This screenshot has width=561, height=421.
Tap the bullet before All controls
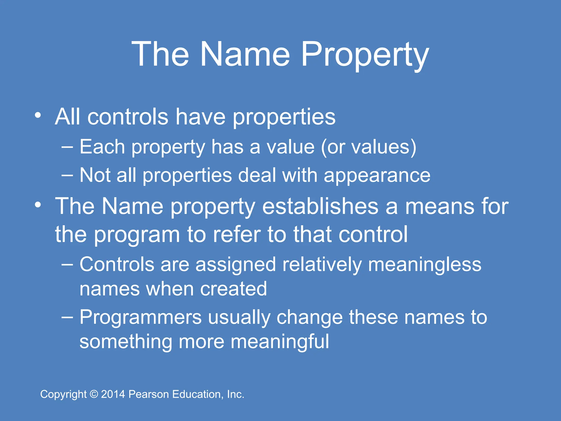[38, 115]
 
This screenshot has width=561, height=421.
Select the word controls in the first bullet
[128, 117]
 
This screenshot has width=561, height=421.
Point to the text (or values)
[368, 147]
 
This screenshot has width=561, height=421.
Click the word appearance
[377, 175]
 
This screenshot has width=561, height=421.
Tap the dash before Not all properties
[67, 175]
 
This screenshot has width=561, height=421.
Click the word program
[137, 235]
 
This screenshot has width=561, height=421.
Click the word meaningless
[425, 265]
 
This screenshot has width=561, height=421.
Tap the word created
[233, 289]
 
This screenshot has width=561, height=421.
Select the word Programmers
[141, 318]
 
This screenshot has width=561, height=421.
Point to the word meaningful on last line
[280, 342]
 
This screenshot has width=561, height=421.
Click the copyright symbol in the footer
[94, 394]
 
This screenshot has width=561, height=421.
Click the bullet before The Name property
[38, 205]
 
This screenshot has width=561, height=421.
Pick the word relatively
[322, 265]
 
